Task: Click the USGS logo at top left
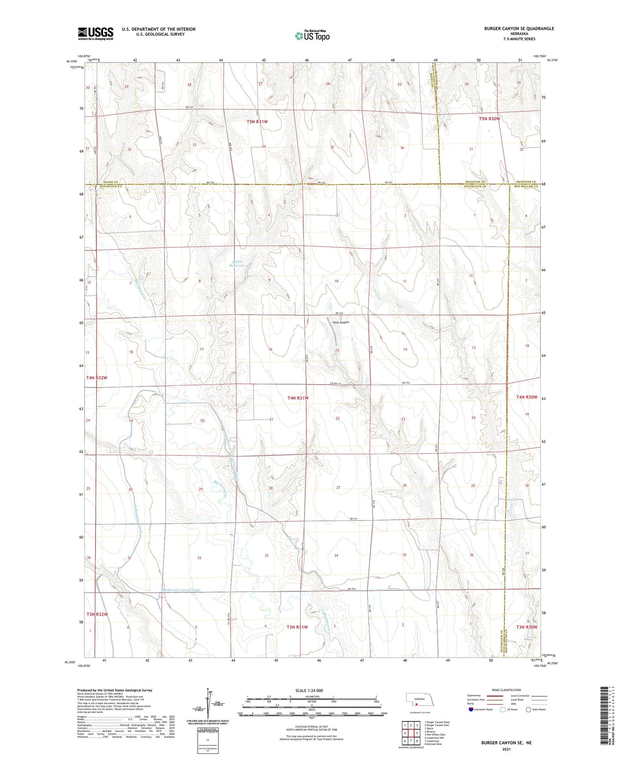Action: [x=95, y=33]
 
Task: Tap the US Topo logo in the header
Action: [x=312, y=36]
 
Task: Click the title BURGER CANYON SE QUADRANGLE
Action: [x=519, y=29]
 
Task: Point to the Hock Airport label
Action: [x=341, y=322]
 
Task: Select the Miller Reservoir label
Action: [x=237, y=264]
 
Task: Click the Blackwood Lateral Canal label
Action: [x=181, y=590]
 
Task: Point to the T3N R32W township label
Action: [x=96, y=614]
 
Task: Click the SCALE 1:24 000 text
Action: [x=309, y=690]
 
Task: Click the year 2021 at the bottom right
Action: [x=506, y=749]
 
